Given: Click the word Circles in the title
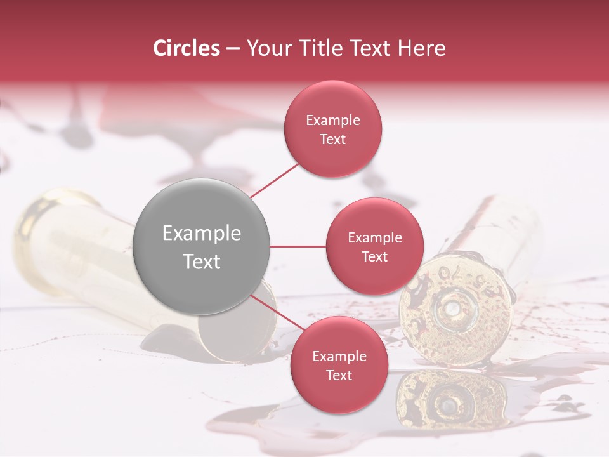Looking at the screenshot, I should tap(187, 48).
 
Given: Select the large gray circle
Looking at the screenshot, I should tap(202, 246).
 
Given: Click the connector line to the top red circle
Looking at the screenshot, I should tap(274, 180).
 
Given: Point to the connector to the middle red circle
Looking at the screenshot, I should tap(298, 246).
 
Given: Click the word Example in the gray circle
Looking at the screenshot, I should tap(202, 234).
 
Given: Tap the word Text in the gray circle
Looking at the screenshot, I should tap(202, 262).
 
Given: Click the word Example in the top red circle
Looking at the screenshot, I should tap(333, 121).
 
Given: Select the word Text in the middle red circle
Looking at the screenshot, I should tap(374, 257).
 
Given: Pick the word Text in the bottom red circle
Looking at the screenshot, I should tap(339, 376).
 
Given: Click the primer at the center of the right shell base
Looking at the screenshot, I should tap(452, 309).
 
